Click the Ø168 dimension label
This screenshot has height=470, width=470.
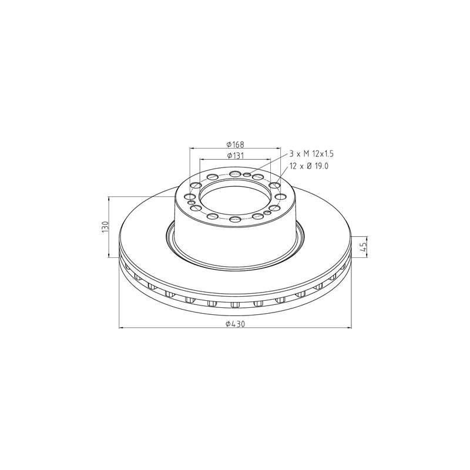point(236,145)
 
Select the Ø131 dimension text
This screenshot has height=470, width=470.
point(236,156)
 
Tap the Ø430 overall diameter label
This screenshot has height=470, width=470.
point(236,324)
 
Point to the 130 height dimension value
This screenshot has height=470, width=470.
point(105,227)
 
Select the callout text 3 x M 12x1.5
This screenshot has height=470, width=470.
point(311,154)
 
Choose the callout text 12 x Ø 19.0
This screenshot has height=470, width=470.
point(309,166)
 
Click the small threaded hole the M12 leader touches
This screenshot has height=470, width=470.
point(247,174)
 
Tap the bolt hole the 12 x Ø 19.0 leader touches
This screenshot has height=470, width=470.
point(274,186)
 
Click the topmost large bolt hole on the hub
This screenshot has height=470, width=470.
point(235,173)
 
